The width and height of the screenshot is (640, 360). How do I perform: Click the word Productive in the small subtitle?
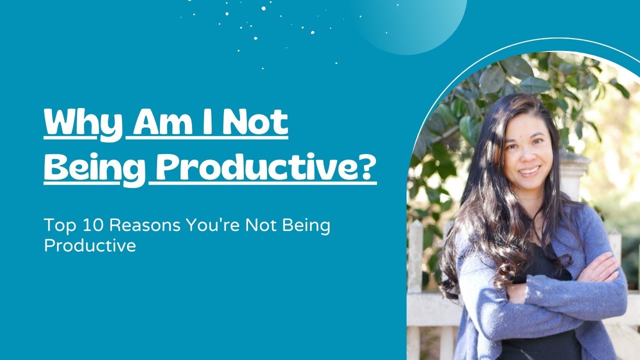pyautogui.click(x=90, y=246)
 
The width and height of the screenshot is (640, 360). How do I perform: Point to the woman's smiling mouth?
pyautogui.click(x=529, y=171)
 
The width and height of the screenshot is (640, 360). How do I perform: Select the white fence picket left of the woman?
pyautogui.click(x=415, y=260)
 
